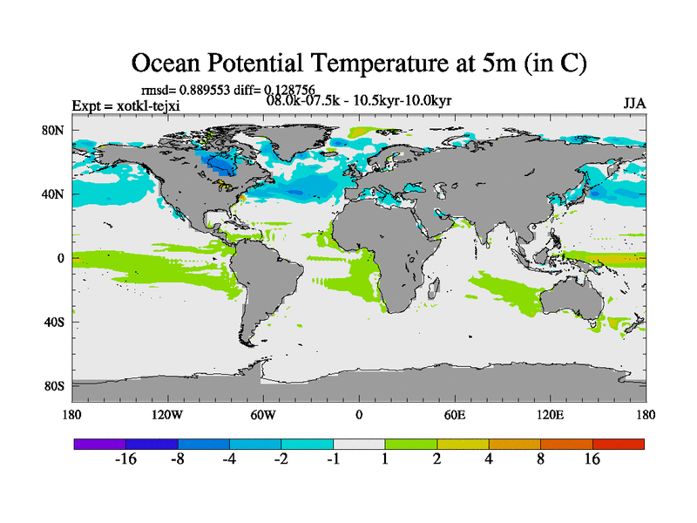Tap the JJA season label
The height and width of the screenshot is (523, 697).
click(634, 104)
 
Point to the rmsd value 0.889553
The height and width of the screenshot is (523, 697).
click(210, 89)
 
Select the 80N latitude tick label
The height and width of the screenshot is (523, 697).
click(55, 131)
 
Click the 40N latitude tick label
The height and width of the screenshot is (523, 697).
click(55, 194)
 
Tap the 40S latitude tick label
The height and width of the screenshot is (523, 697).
click(55, 322)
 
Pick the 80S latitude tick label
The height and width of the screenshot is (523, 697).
click(55, 385)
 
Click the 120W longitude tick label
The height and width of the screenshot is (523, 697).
click(167, 414)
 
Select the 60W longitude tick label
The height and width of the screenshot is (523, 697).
click(263, 414)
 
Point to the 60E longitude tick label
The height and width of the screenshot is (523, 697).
click(455, 414)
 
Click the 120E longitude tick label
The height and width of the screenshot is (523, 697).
click(551, 414)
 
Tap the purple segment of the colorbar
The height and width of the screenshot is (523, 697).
click(100, 444)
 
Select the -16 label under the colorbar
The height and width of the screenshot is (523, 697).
click(125, 460)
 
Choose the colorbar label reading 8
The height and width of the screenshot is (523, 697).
click(540, 460)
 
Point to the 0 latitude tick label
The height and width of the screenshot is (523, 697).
click(62, 258)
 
